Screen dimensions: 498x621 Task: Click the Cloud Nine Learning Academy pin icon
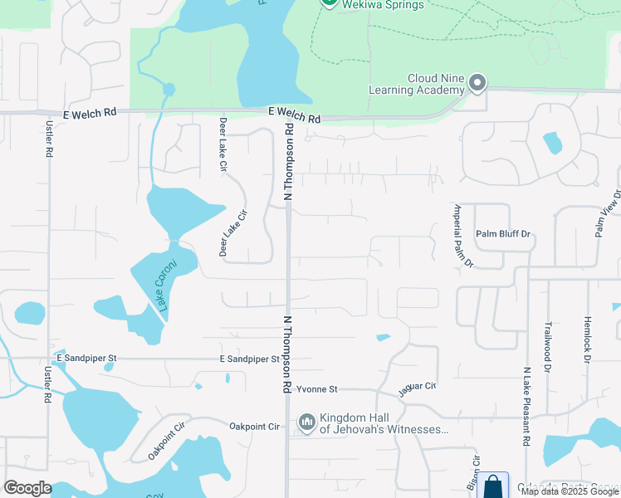[x=477, y=83]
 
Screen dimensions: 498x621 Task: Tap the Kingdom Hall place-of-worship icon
[x=307, y=423]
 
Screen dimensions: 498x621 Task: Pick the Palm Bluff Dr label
[x=502, y=234]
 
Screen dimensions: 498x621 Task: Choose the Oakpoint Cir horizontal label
[x=255, y=427]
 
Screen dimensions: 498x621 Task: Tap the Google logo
[x=27, y=488]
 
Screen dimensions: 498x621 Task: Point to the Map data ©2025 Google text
[x=570, y=491]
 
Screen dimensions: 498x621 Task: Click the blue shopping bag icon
[x=492, y=486]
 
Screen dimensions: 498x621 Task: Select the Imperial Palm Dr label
[x=463, y=235]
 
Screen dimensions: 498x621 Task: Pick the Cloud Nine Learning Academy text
[x=435, y=84]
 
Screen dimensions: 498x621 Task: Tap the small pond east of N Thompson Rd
[x=383, y=337]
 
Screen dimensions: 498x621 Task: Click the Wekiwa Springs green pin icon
[x=329, y=3]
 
